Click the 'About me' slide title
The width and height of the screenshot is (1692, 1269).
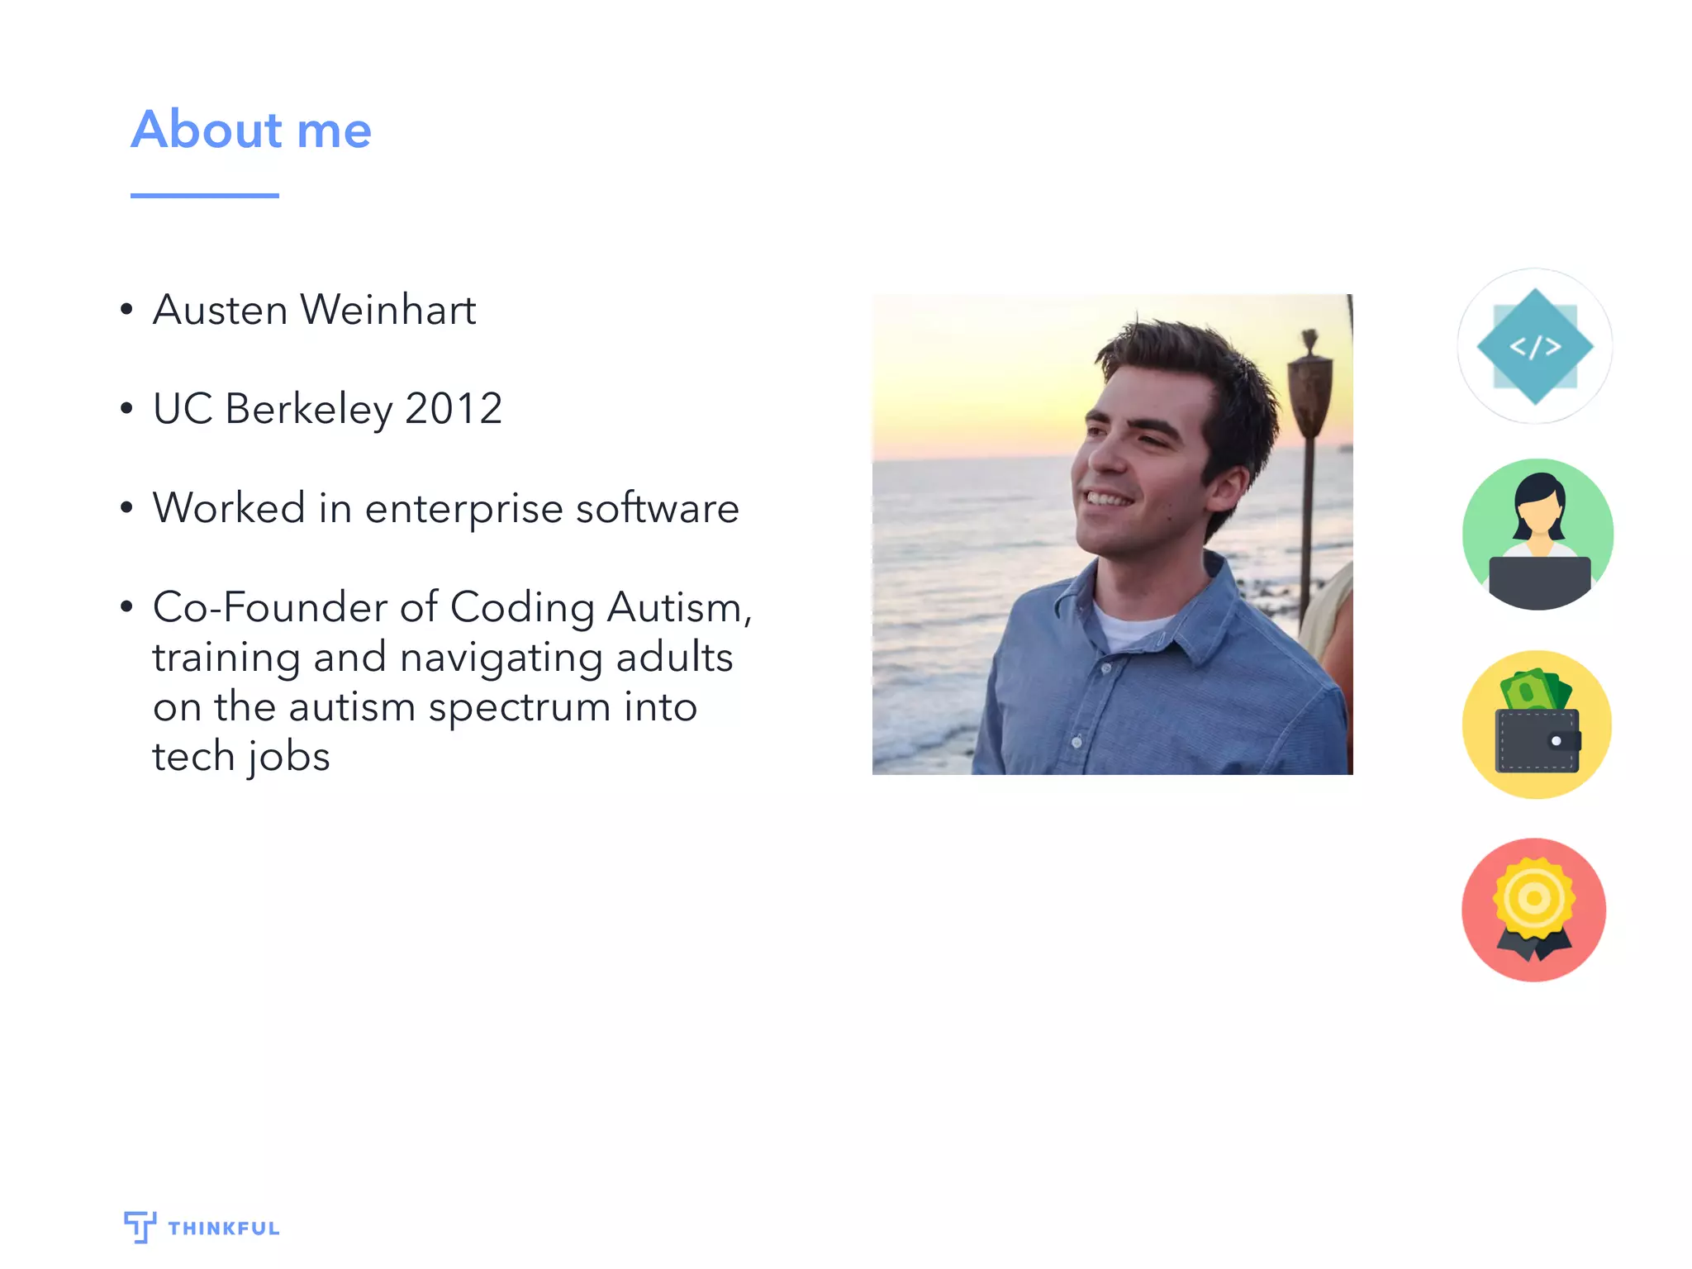(x=251, y=130)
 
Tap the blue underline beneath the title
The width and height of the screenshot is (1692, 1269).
(x=204, y=196)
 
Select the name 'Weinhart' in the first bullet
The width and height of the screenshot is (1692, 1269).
(x=388, y=311)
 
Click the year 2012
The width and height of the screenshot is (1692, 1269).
(x=454, y=409)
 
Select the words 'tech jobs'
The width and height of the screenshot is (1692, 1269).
(x=241, y=757)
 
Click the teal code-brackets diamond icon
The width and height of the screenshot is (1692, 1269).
(x=1534, y=346)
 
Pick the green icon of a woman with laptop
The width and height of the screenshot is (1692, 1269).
(x=1538, y=535)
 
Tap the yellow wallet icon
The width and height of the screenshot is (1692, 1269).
(x=1537, y=725)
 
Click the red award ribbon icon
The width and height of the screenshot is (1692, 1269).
(x=1534, y=910)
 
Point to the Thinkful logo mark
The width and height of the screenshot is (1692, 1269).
(x=140, y=1226)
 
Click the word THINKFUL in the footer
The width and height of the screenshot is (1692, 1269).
(x=224, y=1229)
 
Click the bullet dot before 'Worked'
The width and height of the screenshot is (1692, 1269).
(x=126, y=507)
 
